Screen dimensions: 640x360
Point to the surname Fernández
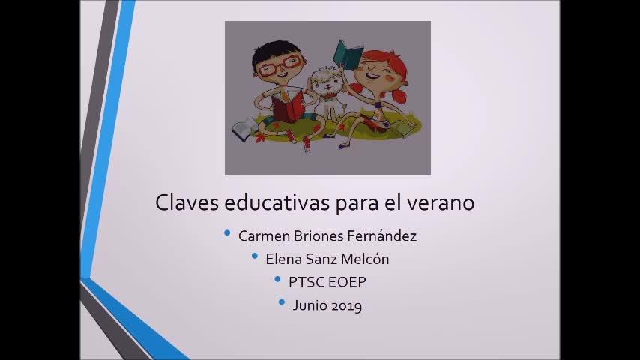tap(382, 235)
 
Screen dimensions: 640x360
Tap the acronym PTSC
tap(306, 282)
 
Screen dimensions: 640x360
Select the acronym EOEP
tap(347, 282)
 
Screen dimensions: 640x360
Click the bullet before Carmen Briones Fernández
tap(227, 233)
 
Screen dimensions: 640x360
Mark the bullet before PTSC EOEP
tap(277, 280)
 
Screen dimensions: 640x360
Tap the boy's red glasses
tap(281, 65)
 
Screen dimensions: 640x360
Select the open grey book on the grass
tap(244, 130)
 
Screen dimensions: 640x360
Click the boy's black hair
tap(274, 52)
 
